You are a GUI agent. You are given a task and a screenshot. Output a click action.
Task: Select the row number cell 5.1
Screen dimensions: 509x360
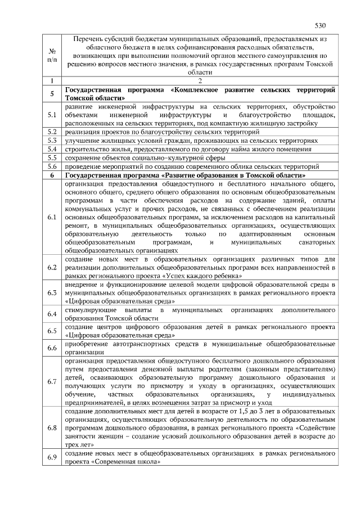tap(52, 115)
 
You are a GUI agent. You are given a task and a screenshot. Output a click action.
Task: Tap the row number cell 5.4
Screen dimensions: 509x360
tap(52, 149)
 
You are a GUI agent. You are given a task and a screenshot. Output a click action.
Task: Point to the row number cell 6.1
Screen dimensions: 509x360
tap(52, 217)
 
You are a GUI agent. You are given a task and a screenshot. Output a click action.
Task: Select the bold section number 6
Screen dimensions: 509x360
tap(52, 175)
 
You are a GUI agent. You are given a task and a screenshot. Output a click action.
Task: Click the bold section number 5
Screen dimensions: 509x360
tap(52, 94)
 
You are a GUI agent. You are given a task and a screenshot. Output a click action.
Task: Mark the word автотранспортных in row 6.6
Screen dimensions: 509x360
tap(140, 343)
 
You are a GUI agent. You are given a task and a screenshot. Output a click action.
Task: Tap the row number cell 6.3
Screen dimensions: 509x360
tap(52, 293)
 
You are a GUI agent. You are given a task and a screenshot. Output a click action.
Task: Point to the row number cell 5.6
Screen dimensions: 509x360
tap(52, 166)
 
